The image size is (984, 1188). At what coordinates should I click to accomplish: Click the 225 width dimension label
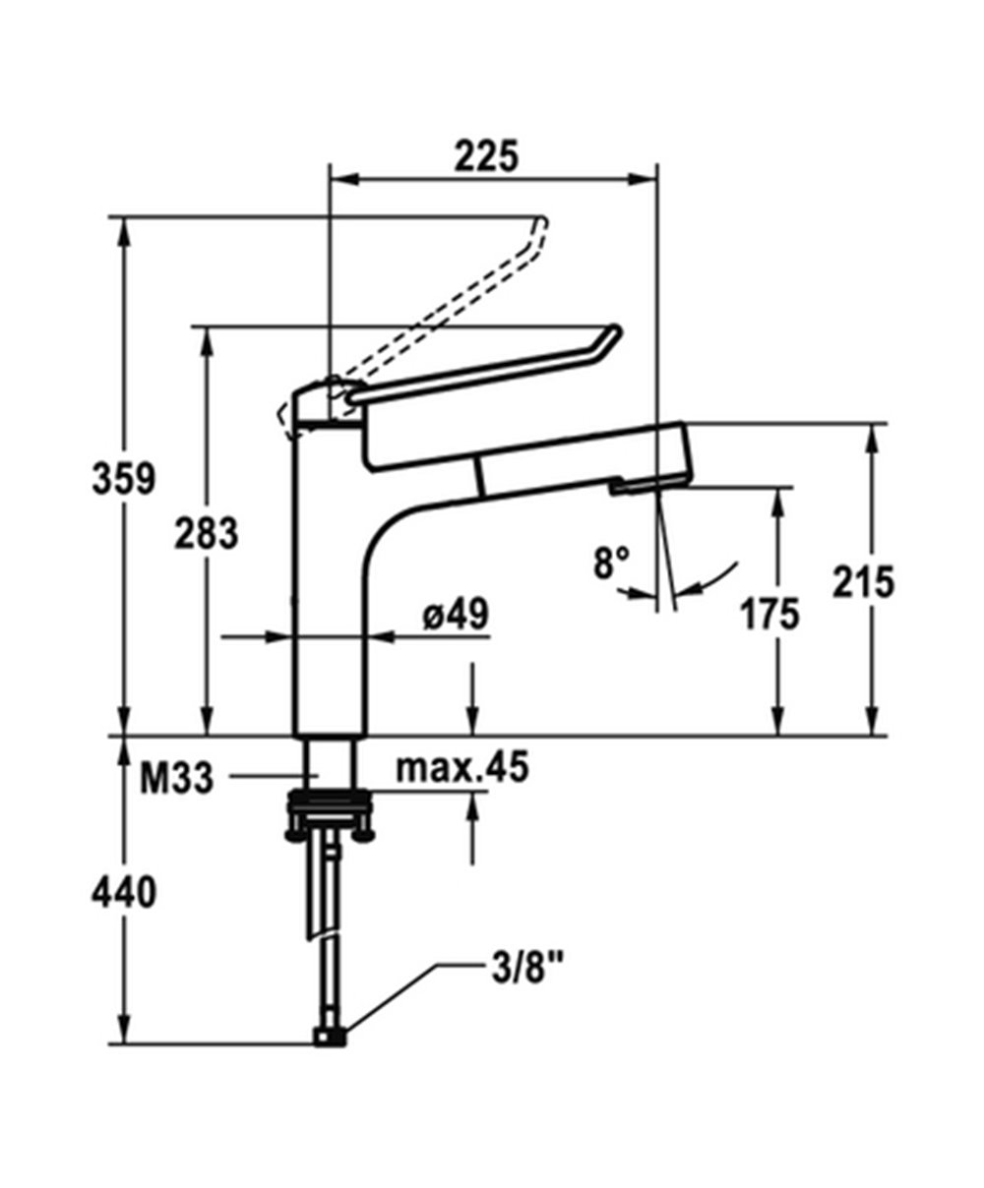485,155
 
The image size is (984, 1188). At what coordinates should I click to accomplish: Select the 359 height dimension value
124,480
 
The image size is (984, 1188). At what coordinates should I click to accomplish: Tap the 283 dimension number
207,534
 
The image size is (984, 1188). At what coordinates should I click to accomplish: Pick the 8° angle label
611,564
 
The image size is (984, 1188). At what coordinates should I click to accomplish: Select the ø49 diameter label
455,617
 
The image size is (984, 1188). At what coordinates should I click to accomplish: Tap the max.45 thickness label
461,767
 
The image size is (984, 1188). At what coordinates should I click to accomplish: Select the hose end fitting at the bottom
329,1037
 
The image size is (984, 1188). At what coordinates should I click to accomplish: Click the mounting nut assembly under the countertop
329,813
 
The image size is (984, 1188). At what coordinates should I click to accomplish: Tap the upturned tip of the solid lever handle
609,337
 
